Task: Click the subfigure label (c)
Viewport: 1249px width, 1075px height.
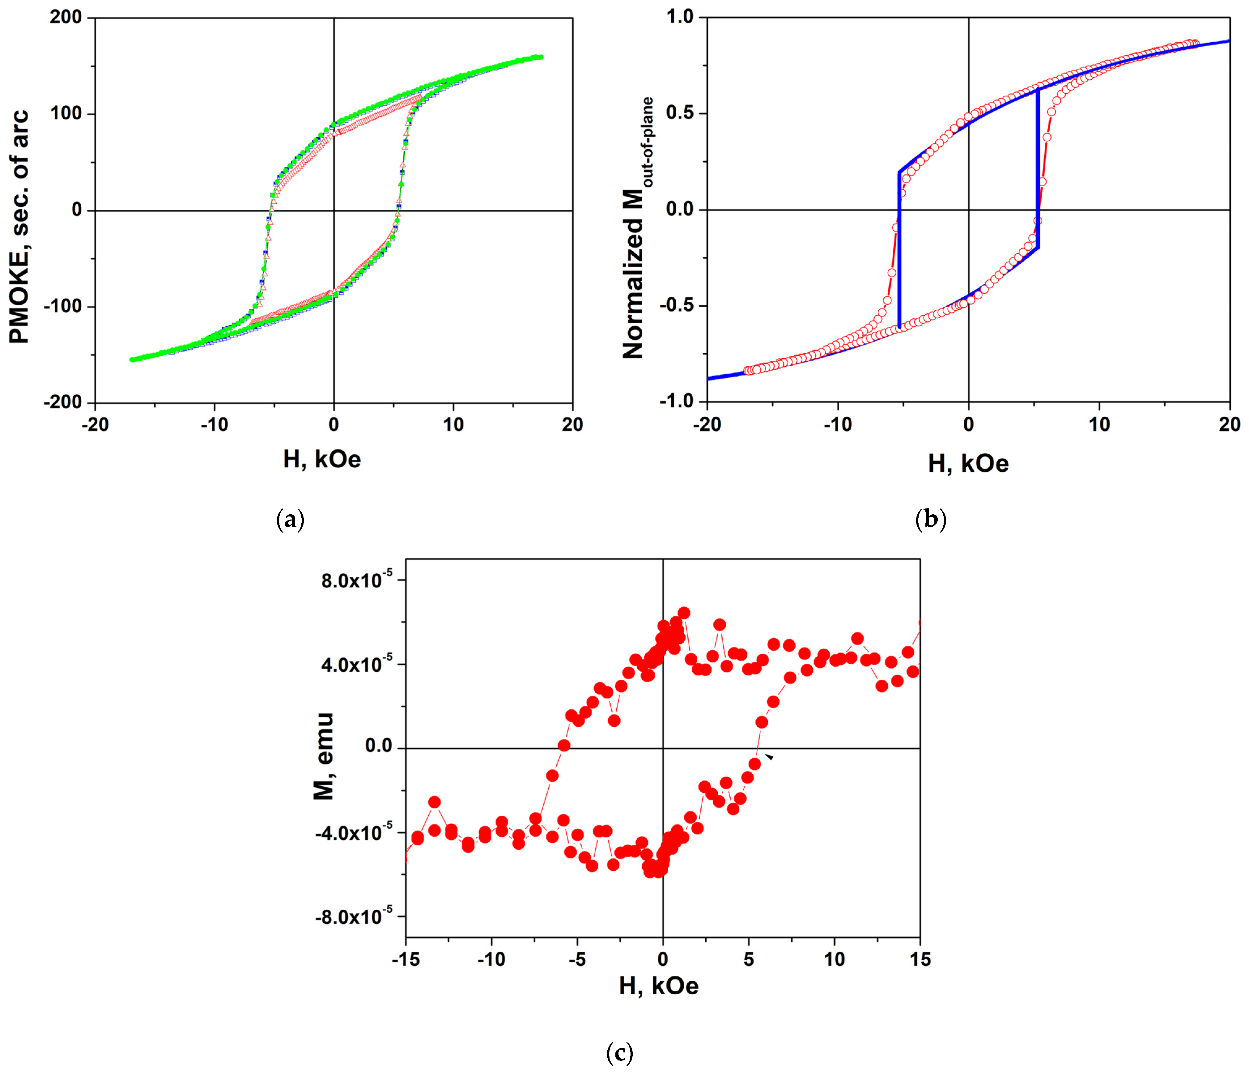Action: [x=620, y=1053]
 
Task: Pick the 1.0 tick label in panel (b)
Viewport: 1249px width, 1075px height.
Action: [x=680, y=18]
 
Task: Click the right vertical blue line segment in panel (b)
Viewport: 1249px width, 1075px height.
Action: [x=1037, y=169]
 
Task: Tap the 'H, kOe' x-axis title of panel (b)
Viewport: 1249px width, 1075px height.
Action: [x=968, y=464]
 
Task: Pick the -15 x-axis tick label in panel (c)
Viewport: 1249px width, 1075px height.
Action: [x=405, y=959]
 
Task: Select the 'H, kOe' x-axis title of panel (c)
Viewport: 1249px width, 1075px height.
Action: [x=658, y=986]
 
